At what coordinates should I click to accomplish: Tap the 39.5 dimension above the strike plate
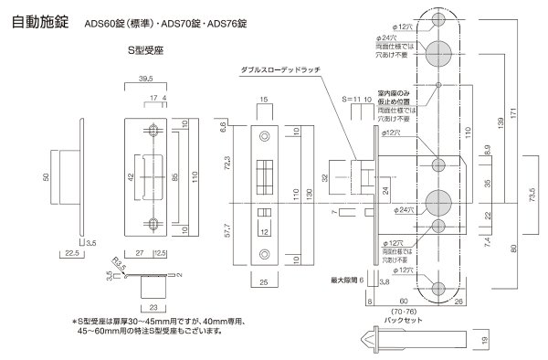pyautogui.click(x=147, y=80)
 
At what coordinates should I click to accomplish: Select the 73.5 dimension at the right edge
pyautogui.click(x=539, y=195)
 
